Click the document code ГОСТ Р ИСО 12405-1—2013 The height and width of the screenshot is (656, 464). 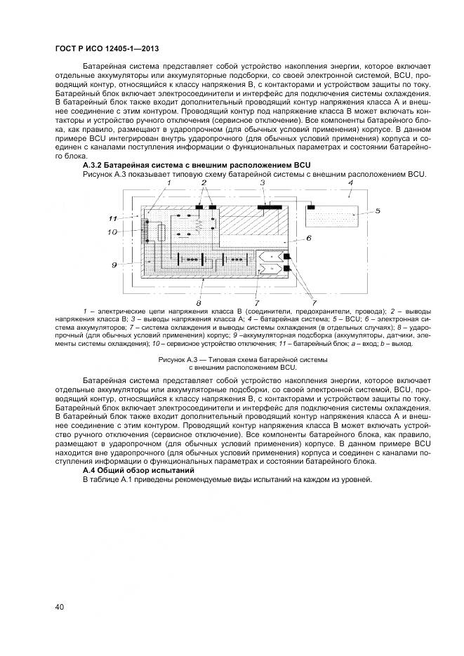[106, 48]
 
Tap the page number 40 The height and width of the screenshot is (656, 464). [59, 605]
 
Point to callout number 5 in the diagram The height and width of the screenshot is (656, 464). [378, 211]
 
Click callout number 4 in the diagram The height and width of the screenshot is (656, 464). [350, 183]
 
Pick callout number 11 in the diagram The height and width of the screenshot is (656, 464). [112, 218]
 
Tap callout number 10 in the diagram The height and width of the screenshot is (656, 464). [112, 232]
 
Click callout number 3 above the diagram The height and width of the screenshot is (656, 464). [263, 183]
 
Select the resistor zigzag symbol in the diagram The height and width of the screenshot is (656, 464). [198, 225]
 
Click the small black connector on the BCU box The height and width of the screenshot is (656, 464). [311, 207]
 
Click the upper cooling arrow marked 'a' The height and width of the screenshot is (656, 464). [270, 257]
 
